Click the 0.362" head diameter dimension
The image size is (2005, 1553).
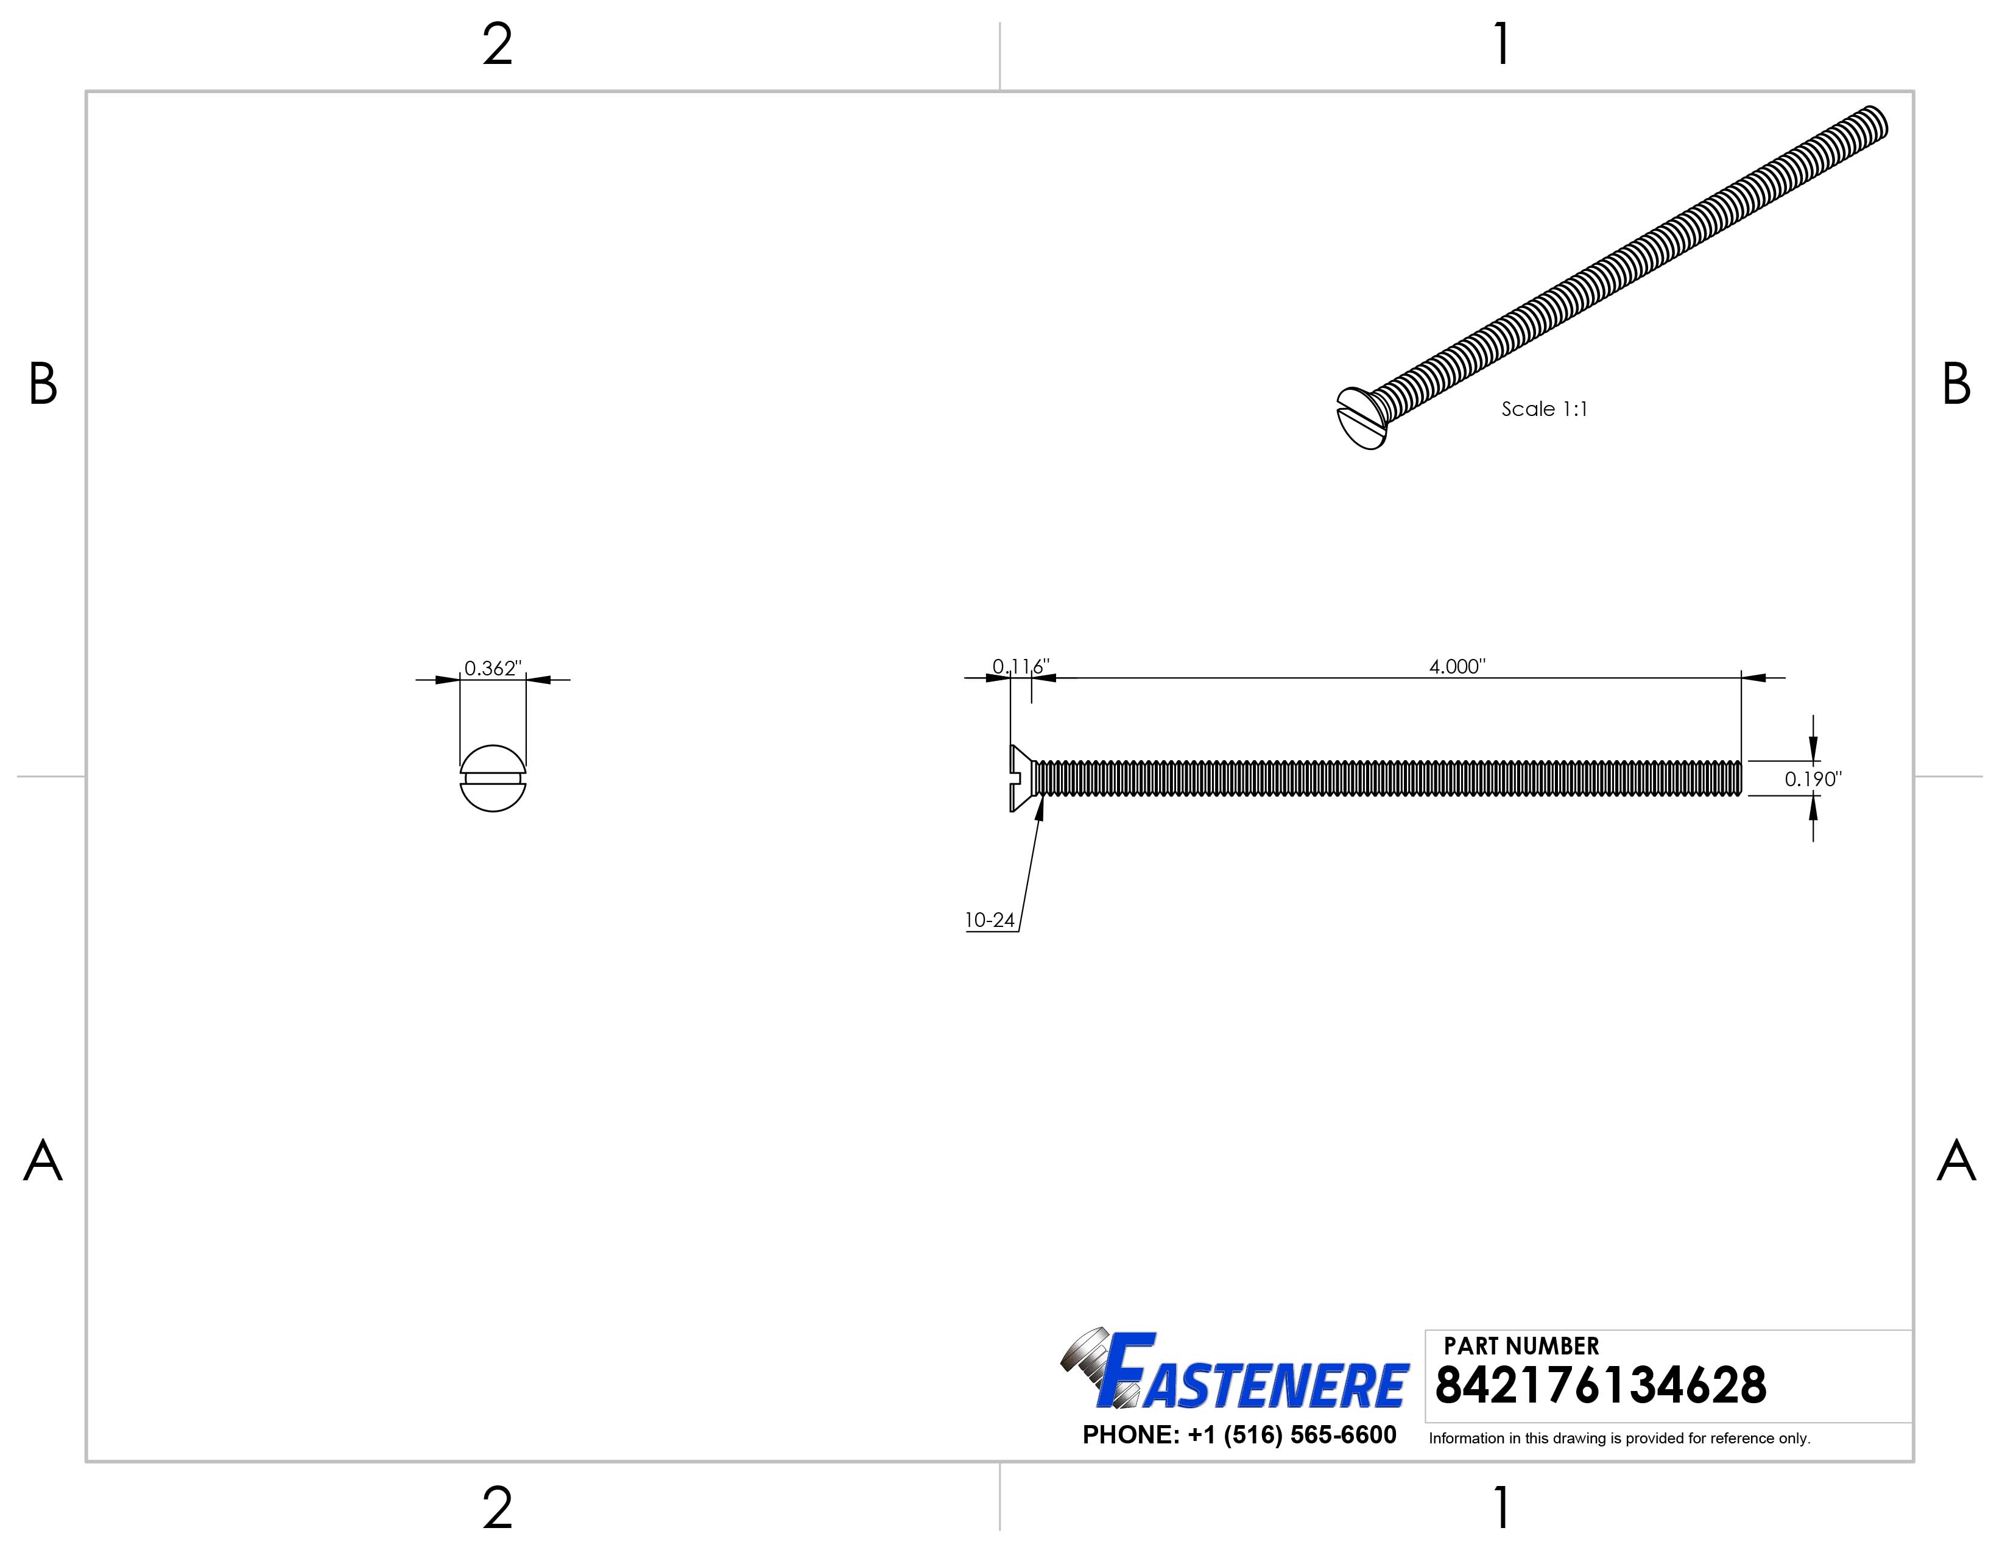click(x=492, y=668)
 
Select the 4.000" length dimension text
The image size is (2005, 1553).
click(x=1457, y=666)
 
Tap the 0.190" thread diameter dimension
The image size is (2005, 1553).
click(x=1812, y=780)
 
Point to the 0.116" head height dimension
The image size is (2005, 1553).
click(x=1020, y=666)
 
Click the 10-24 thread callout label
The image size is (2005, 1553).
click(x=990, y=920)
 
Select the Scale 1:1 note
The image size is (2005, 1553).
click(x=1544, y=409)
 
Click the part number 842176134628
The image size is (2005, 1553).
click(x=1600, y=1386)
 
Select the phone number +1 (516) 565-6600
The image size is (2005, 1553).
click(x=1239, y=1435)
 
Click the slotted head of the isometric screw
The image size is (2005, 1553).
click(x=1361, y=418)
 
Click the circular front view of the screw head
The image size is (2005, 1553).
click(x=493, y=778)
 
